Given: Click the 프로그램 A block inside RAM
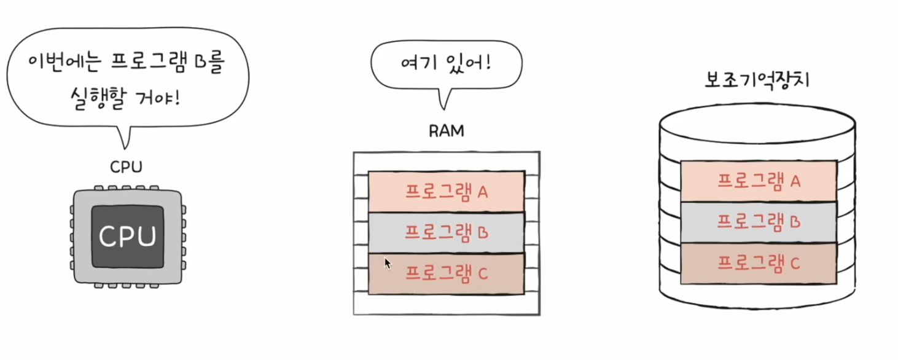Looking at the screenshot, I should click(447, 192).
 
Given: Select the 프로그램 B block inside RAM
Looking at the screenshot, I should click(447, 232).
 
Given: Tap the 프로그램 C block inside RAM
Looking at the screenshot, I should click(447, 273).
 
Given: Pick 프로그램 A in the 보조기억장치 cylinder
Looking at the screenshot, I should click(759, 181).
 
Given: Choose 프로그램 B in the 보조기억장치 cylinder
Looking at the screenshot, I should click(759, 222).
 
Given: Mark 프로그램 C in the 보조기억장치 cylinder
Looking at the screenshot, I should click(759, 263).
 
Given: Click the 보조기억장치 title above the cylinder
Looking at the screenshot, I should click(757, 81).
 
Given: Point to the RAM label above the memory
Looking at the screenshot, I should click(447, 131).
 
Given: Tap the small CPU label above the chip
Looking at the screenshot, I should click(126, 167).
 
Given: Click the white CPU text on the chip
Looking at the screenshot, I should click(128, 237).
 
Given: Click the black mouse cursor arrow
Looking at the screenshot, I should click(387, 262).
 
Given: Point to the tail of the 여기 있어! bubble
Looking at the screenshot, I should click(444, 98).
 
